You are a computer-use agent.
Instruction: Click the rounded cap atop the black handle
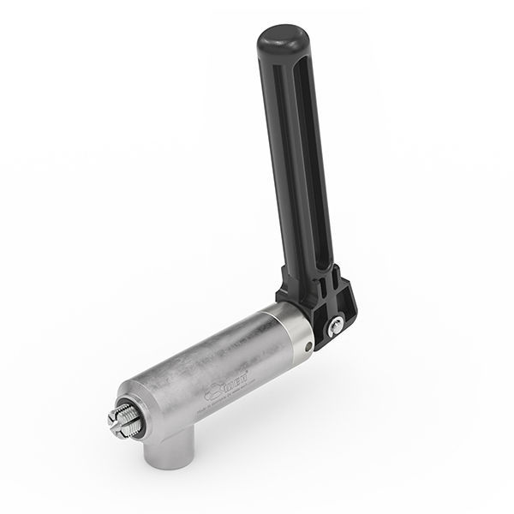click(x=283, y=38)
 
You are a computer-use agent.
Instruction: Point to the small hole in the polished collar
click(x=308, y=346)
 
